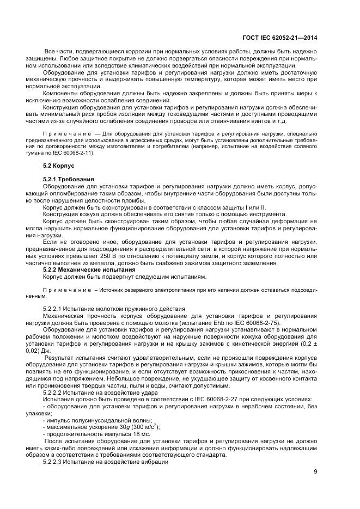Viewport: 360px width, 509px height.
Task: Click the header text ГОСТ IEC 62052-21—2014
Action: pyautogui.click(x=281, y=38)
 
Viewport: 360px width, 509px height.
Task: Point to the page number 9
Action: pyautogui.click(x=316, y=471)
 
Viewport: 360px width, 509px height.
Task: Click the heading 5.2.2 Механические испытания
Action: pyautogui.click(x=88, y=270)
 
